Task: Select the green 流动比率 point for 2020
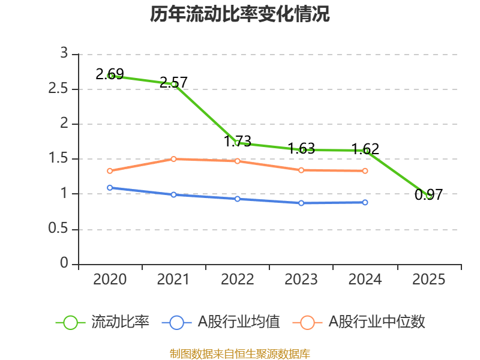(110, 76)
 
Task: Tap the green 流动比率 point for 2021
(174, 85)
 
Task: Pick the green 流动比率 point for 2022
(238, 143)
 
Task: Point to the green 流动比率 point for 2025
(428, 196)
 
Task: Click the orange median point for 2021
(174, 159)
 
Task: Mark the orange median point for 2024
(365, 171)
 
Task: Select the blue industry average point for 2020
(110, 188)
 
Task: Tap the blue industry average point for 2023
(301, 203)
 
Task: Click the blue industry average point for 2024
(365, 202)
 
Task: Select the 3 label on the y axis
(64, 54)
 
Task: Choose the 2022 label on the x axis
(238, 280)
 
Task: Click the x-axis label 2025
(428, 280)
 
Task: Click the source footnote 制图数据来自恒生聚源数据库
(240, 353)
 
